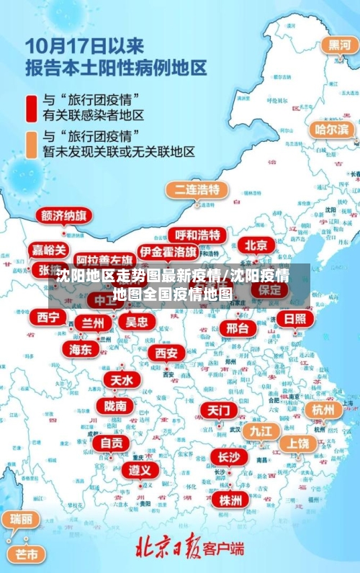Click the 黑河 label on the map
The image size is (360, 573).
[340, 45]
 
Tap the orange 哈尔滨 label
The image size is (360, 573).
[333, 130]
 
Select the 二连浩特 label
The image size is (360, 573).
[197, 190]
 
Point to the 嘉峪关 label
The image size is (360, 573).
[50, 250]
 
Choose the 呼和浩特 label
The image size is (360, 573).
[197, 235]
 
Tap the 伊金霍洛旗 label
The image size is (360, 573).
[168, 252]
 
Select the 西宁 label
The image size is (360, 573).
[48, 317]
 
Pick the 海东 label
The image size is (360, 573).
[81, 349]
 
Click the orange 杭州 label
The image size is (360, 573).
[323, 410]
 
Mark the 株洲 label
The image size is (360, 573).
[231, 500]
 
